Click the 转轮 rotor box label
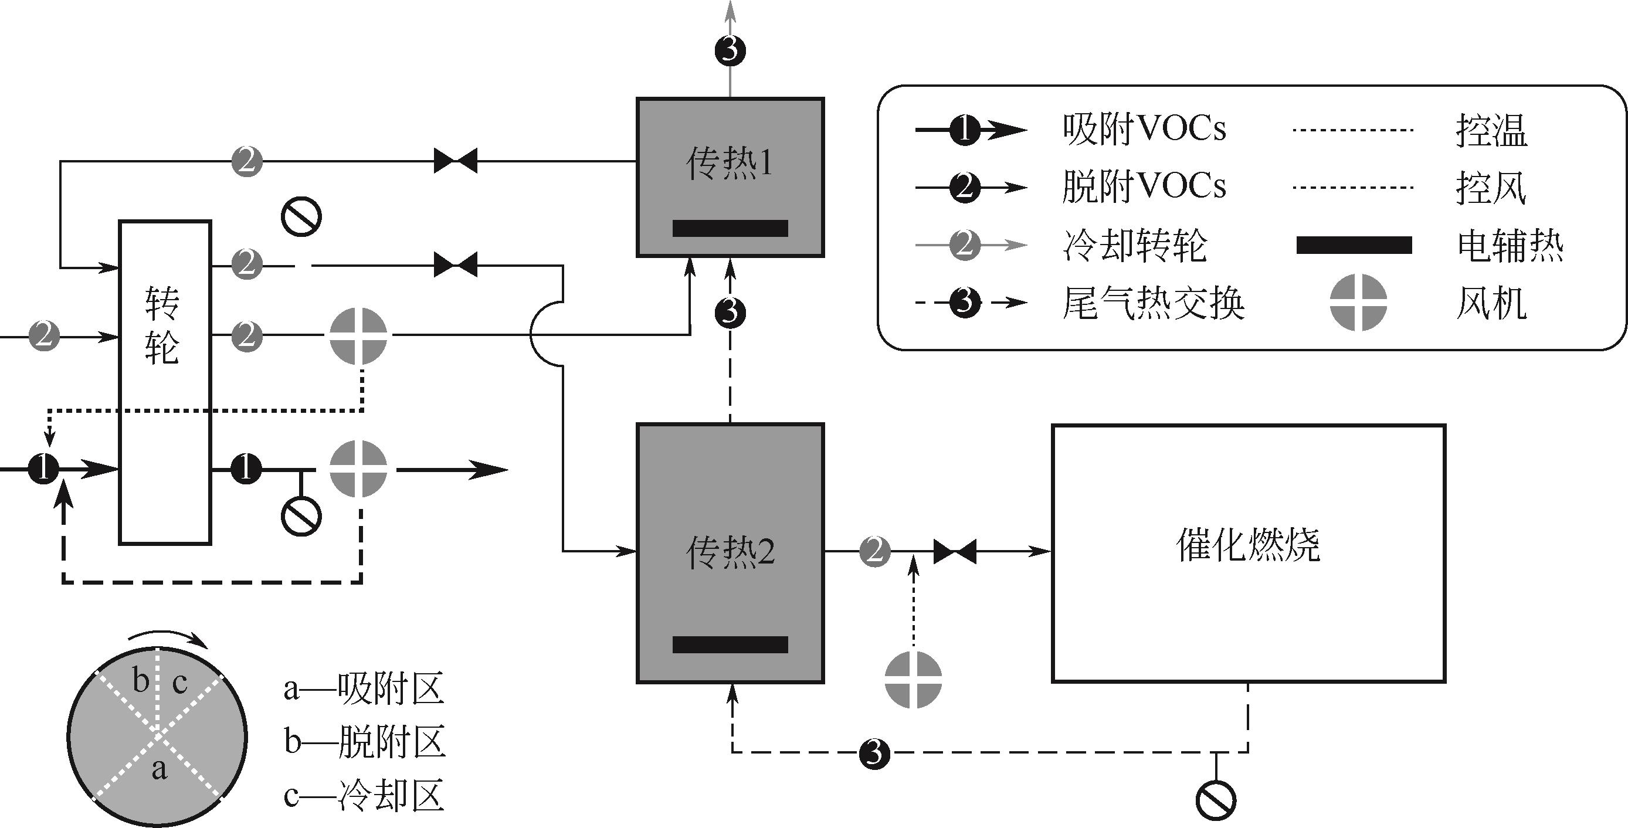[162, 325]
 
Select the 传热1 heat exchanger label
[730, 164]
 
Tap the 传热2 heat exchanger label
[730, 552]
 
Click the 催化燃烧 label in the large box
[1247, 545]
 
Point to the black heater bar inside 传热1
[730, 228]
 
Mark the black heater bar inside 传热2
[730, 644]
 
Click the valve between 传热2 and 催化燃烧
[954, 552]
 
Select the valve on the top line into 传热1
[455, 161]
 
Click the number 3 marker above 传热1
[730, 50]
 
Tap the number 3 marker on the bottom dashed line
[874, 753]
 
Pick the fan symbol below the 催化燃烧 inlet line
[913, 680]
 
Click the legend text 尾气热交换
[1153, 304]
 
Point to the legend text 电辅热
[1511, 246]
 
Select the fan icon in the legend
[1358, 302]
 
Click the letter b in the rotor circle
[140, 681]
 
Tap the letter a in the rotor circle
[160, 769]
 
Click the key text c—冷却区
[364, 796]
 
